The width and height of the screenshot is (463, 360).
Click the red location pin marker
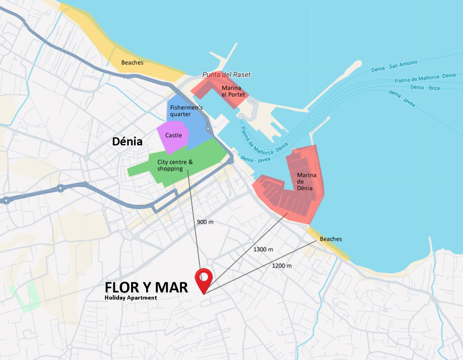tap(204, 279)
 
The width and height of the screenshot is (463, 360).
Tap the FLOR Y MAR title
tap(146, 287)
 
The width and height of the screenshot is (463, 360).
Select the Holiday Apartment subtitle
tap(130, 298)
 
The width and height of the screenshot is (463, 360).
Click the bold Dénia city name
tap(127, 142)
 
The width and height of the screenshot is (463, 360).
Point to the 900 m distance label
tap(205, 222)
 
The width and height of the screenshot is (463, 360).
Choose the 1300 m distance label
tap(263, 249)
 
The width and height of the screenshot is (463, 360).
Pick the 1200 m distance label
tap(282, 265)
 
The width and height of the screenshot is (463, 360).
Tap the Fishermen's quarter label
tap(186, 110)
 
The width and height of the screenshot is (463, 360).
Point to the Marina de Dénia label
tap(306, 181)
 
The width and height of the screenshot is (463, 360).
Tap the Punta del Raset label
tap(226, 75)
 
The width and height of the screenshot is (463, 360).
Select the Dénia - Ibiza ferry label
tap(425, 87)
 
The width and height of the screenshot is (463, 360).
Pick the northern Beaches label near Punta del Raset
tap(132, 62)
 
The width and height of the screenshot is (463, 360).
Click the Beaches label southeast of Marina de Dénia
tap(331, 239)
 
